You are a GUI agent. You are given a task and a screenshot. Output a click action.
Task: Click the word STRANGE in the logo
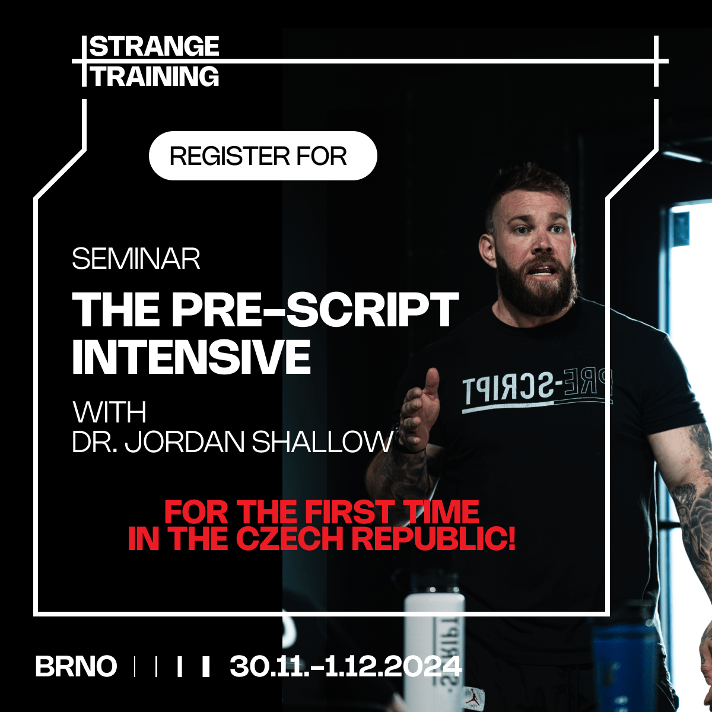tap(154, 46)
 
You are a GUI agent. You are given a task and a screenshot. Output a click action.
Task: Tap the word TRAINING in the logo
tap(155, 77)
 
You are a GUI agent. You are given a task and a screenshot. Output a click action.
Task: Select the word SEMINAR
tap(136, 259)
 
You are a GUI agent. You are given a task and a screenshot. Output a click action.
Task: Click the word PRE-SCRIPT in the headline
tap(316, 310)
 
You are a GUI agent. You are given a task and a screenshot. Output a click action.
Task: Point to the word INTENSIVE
tap(191, 357)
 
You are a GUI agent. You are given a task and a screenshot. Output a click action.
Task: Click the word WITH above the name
tap(109, 412)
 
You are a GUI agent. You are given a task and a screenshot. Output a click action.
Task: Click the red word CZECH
tap(290, 539)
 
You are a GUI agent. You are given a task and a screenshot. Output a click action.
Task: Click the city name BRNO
tap(76, 666)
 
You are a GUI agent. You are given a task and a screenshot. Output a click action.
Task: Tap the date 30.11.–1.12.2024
tap(345, 666)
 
